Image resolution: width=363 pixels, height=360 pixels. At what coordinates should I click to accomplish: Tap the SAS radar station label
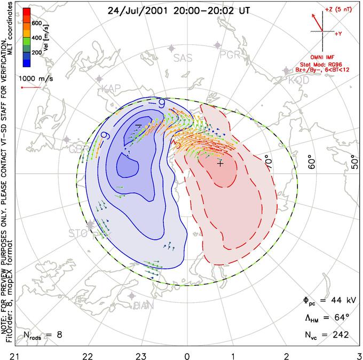tap(183, 58)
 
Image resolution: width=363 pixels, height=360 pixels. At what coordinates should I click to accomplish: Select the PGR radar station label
tap(230, 54)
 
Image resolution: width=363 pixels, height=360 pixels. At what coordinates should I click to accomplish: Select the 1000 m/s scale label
tap(36, 79)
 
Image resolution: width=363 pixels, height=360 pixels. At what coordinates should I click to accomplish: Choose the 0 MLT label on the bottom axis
tap(187, 355)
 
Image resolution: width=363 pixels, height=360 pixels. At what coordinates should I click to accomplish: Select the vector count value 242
tap(340, 335)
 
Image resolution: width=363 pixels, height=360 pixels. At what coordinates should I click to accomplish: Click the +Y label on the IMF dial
tap(338, 34)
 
